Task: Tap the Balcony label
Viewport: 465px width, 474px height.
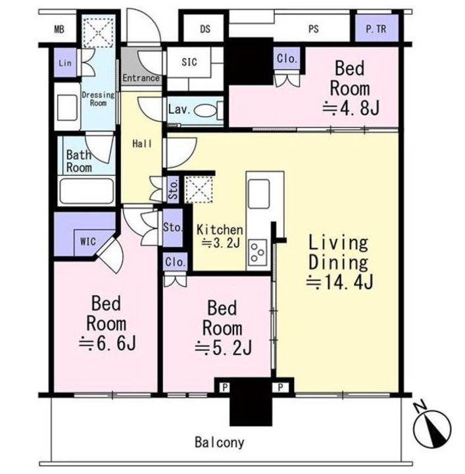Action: point(220,442)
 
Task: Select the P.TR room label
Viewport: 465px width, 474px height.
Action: point(376,29)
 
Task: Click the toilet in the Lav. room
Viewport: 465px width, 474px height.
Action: point(208,111)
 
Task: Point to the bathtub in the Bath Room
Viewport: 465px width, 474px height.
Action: point(87,191)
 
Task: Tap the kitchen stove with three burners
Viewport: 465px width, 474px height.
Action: point(258,252)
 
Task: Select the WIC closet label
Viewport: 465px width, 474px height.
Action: point(88,242)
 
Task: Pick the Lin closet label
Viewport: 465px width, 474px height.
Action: point(65,63)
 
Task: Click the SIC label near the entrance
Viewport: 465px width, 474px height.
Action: point(189,63)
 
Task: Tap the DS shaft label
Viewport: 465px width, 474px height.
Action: point(205,29)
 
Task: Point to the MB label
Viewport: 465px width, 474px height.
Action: point(59,30)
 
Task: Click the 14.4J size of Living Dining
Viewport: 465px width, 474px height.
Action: point(340,282)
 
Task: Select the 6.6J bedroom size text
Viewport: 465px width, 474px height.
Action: point(107,343)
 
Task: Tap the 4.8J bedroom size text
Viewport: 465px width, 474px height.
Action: point(351,108)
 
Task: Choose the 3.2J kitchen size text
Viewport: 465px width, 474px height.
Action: point(220,243)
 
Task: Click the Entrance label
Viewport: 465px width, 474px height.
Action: point(141,78)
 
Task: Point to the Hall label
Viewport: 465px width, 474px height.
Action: point(142,144)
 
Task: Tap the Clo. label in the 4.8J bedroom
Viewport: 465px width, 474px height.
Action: point(287,59)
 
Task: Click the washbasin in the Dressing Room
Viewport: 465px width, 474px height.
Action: point(67,108)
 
